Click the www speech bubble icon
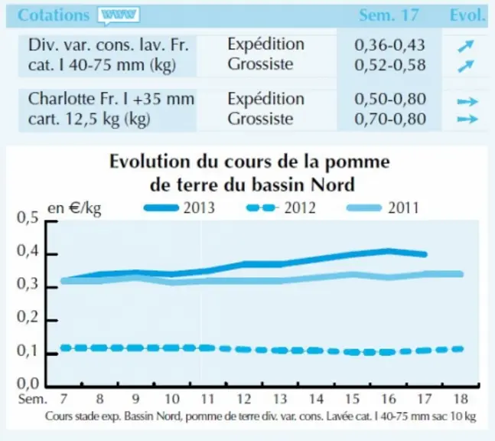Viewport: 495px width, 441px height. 119,15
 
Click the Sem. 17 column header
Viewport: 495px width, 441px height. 389,15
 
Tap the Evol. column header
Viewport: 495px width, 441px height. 467,15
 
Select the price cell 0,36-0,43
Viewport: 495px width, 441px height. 390,45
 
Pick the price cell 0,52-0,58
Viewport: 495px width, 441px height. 390,65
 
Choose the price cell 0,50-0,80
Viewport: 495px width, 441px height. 390,99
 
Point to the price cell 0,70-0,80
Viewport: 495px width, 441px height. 390,119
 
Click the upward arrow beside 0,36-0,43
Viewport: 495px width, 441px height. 466,46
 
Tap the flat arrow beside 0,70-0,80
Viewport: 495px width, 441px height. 467,119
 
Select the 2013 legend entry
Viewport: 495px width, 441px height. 179,207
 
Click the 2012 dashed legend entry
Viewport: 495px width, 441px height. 281,207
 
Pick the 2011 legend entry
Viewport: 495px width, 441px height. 383,207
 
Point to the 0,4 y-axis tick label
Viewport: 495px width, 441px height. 28,251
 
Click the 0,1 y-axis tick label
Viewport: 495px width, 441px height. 28,351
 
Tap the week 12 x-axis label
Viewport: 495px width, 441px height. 244,400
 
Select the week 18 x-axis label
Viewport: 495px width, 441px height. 461,400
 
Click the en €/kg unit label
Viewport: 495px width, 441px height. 74,208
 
